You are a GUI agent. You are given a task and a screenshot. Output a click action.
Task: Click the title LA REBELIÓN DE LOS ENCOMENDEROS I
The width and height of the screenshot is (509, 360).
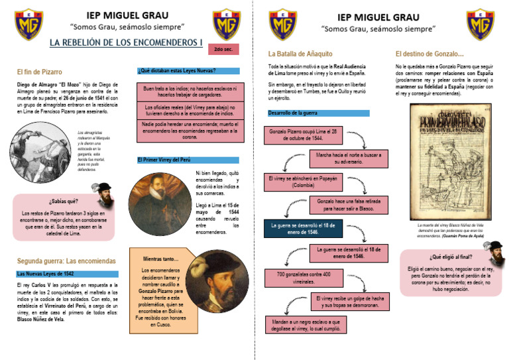coord(127,44)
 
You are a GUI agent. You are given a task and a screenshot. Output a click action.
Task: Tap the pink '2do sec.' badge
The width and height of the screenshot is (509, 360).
coord(223,49)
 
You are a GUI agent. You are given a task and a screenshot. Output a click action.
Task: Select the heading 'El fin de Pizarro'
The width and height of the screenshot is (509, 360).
coord(40,71)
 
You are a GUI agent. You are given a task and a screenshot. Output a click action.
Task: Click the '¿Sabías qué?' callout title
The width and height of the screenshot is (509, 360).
coord(64,200)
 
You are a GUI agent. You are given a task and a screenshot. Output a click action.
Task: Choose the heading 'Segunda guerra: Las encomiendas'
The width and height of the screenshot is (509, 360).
coord(66,261)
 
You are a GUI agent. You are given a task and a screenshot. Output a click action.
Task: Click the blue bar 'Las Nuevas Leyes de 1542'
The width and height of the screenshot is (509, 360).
coord(66,274)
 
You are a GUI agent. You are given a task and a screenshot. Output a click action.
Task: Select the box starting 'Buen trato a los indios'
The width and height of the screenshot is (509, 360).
coord(188,91)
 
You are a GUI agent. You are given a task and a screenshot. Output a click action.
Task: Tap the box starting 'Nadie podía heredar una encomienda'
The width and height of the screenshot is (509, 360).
coord(188,130)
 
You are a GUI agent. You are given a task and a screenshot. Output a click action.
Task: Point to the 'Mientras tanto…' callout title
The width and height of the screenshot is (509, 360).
coord(160,259)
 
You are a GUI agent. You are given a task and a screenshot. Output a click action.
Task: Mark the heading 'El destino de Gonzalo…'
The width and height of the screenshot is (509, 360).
coord(429,54)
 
